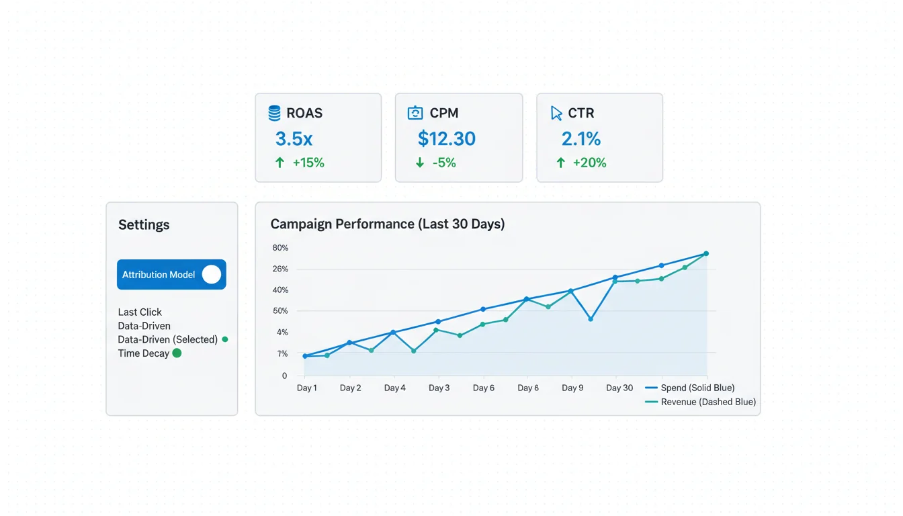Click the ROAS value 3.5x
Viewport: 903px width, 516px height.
click(x=294, y=139)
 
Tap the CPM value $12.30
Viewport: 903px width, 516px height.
click(x=446, y=139)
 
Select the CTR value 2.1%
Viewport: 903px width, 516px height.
click(x=580, y=139)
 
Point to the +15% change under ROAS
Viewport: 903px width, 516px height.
click(x=308, y=163)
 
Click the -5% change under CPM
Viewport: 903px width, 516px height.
click(x=444, y=163)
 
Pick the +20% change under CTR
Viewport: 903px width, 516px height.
click(x=589, y=163)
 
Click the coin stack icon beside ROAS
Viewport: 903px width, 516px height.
click(x=274, y=113)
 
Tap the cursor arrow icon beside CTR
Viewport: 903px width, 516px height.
click(x=556, y=113)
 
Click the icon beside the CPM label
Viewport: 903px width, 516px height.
click(x=416, y=113)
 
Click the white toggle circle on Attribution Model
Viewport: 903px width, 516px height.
click(x=212, y=274)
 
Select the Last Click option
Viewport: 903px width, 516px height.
click(x=140, y=312)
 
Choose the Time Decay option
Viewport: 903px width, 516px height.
click(x=143, y=353)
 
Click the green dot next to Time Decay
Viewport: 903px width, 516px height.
click(x=177, y=353)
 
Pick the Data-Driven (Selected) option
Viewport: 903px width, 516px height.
click(x=167, y=339)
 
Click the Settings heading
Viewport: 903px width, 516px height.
click(x=144, y=225)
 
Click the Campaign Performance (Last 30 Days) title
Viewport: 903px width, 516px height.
click(x=387, y=224)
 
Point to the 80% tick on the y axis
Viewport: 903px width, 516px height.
click(x=280, y=248)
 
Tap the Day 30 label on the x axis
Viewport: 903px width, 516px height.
click(x=619, y=388)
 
